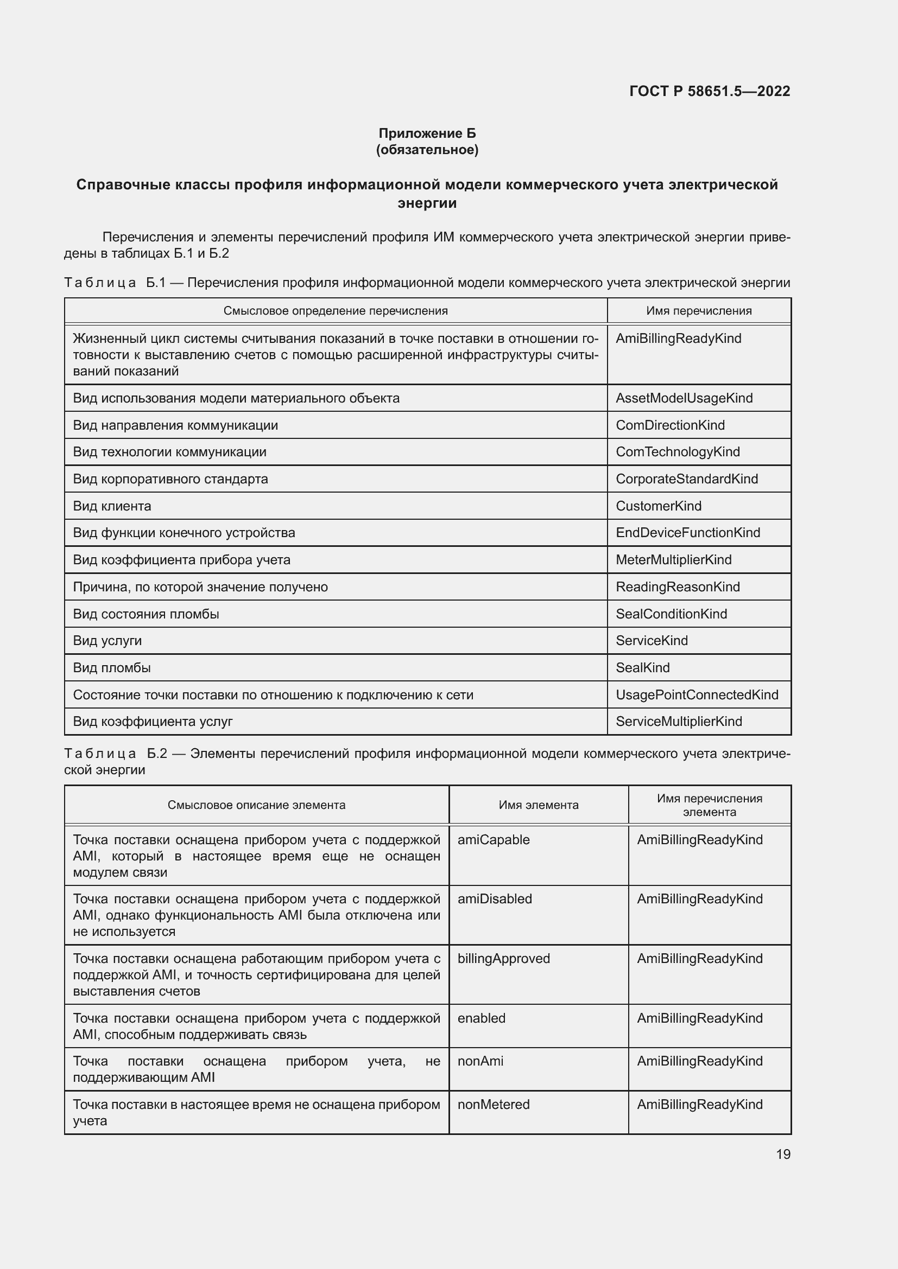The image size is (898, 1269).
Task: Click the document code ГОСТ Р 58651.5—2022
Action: (x=710, y=91)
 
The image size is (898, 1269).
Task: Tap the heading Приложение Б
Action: (x=427, y=133)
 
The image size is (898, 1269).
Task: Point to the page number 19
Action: (x=783, y=1154)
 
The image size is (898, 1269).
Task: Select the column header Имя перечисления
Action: (x=698, y=311)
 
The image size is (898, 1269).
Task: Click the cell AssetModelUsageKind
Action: (x=684, y=398)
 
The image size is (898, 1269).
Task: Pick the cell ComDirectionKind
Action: (x=669, y=425)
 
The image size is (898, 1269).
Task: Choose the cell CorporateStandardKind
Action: (x=686, y=479)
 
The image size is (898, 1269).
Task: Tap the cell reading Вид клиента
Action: (x=112, y=506)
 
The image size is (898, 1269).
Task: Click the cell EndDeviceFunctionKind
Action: (x=687, y=532)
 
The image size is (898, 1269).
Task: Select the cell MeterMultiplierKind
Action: (x=673, y=559)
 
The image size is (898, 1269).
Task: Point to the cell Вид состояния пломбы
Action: (x=146, y=614)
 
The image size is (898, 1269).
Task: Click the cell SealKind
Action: (x=642, y=668)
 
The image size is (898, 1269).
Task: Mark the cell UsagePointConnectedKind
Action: (x=697, y=695)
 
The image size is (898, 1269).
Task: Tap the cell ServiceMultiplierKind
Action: (x=679, y=721)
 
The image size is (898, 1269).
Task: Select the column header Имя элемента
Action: (x=538, y=805)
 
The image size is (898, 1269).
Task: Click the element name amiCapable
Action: (x=493, y=839)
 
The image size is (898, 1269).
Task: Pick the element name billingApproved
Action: (x=503, y=958)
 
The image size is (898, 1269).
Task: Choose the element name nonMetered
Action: (x=493, y=1104)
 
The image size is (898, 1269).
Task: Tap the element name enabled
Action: (x=481, y=1018)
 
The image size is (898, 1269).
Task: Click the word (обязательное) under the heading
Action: (x=427, y=150)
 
